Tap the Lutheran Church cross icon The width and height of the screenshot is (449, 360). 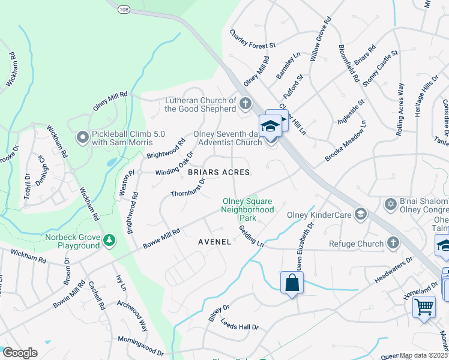pos(245,104)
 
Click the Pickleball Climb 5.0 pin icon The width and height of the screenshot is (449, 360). pos(83,138)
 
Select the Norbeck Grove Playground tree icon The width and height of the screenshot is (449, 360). pos(109,241)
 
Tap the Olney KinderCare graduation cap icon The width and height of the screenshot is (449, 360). pos(361,214)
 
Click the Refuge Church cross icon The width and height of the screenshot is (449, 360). pos(393,243)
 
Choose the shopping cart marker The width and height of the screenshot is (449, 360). pos(424,307)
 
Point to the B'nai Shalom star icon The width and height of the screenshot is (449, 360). pos(391,205)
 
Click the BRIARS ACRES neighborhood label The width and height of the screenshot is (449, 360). pos(218,172)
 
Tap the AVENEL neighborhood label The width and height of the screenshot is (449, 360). pos(214,242)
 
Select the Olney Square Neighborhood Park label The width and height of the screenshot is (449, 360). pos(247,209)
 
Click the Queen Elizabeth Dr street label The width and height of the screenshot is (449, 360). pos(303,248)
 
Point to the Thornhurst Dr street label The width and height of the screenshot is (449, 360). pos(188,186)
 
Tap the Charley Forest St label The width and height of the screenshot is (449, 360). pos(252,45)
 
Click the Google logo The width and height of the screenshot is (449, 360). pos(20,353)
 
